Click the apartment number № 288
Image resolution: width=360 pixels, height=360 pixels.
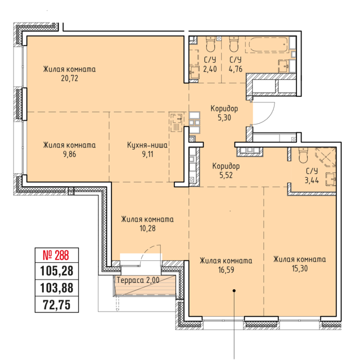coord(56,255)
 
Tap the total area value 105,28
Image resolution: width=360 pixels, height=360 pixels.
coord(57,271)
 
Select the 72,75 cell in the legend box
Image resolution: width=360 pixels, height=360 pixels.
coord(57,305)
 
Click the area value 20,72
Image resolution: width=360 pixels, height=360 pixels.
coord(70,78)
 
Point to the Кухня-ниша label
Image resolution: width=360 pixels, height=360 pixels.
coord(147,145)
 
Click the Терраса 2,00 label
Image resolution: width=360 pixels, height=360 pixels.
coord(138,280)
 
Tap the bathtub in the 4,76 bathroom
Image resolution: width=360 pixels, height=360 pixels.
coord(267,44)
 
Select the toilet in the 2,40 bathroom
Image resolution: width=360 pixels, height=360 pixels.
coord(211,44)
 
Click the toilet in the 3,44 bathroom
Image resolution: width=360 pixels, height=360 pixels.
coord(303,155)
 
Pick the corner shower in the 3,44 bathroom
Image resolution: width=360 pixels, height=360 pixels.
coord(326,157)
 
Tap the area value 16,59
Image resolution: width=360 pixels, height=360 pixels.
coord(226,270)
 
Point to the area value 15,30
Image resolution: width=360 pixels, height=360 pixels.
coord(300,268)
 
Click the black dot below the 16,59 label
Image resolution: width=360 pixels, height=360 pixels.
coord(234,291)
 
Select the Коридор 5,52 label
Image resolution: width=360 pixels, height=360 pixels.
coord(226,170)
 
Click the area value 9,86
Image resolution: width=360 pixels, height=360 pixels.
coord(70,154)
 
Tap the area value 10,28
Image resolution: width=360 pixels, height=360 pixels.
coord(147,228)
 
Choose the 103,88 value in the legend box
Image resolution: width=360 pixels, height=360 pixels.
coord(57,288)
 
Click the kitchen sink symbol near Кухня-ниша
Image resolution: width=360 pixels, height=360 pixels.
coord(177,121)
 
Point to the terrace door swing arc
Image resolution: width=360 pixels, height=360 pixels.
coord(149,253)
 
